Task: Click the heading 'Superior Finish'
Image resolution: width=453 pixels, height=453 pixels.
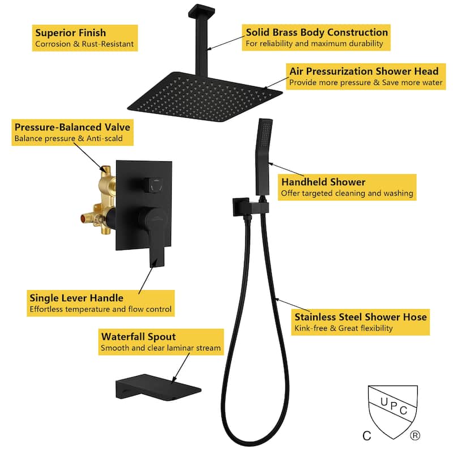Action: tap(70, 33)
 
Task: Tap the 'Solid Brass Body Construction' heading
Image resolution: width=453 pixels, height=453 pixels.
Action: tap(317, 32)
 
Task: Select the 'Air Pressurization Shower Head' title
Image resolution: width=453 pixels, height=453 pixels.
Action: tap(364, 71)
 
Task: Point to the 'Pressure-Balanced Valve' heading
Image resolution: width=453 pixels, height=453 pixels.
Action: tap(72, 127)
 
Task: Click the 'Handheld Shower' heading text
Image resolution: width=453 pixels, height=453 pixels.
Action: tap(323, 182)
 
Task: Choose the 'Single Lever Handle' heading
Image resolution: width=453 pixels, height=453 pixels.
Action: tap(76, 298)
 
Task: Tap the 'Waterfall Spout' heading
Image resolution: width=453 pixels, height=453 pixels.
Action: tap(138, 336)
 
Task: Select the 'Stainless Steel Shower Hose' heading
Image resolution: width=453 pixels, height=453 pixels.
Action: tap(361, 317)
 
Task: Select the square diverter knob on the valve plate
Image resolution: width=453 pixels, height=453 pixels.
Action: tap(153, 185)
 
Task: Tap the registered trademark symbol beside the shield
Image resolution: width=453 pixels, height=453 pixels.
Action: tap(415, 435)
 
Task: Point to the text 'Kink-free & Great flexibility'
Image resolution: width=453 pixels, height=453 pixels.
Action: tap(344, 328)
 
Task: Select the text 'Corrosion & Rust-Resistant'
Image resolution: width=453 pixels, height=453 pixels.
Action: tap(84, 44)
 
